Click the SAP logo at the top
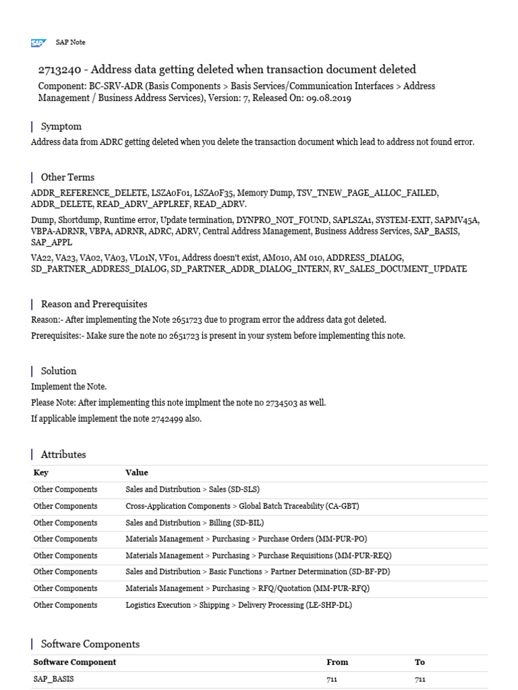[x=38, y=43]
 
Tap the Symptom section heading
[x=61, y=127]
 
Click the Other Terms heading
[x=67, y=177]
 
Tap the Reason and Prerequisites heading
[x=94, y=304]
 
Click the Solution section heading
[x=59, y=371]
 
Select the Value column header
[x=137, y=473]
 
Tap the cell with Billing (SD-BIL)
[x=194, y=523]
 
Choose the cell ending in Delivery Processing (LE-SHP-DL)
[x=238, y=605]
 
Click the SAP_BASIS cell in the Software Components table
[x=53, y=679]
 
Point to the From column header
[x=337, y=662]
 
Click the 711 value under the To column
[x=420, y=679]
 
